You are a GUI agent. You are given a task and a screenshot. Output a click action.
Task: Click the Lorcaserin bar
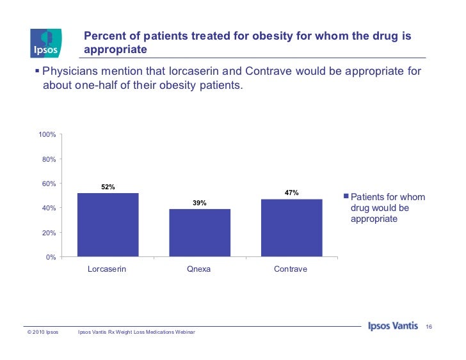108,224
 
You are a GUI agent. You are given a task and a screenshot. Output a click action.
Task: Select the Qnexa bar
199,233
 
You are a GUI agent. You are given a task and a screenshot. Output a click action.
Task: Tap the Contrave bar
291,228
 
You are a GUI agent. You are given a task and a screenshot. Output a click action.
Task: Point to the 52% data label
108,187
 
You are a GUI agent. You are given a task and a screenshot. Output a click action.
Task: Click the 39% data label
199,203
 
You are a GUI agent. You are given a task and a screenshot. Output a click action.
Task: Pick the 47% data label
291,192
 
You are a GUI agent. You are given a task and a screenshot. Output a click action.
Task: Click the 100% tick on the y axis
47,135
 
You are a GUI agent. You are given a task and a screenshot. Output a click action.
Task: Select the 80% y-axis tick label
49,159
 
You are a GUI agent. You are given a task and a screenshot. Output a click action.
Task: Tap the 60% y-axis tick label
49,184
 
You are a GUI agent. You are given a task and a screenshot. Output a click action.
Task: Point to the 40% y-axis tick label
49,208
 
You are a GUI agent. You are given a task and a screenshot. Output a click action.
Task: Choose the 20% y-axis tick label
49,233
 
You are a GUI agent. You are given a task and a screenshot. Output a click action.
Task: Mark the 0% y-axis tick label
51,257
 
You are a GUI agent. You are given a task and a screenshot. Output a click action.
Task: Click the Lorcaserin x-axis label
107,269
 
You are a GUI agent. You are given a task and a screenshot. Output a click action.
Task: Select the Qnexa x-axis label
198,269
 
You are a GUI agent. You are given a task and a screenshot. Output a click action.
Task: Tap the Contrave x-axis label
291,269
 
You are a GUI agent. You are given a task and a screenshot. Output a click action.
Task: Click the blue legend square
346,197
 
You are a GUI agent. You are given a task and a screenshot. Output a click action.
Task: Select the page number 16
430,328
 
